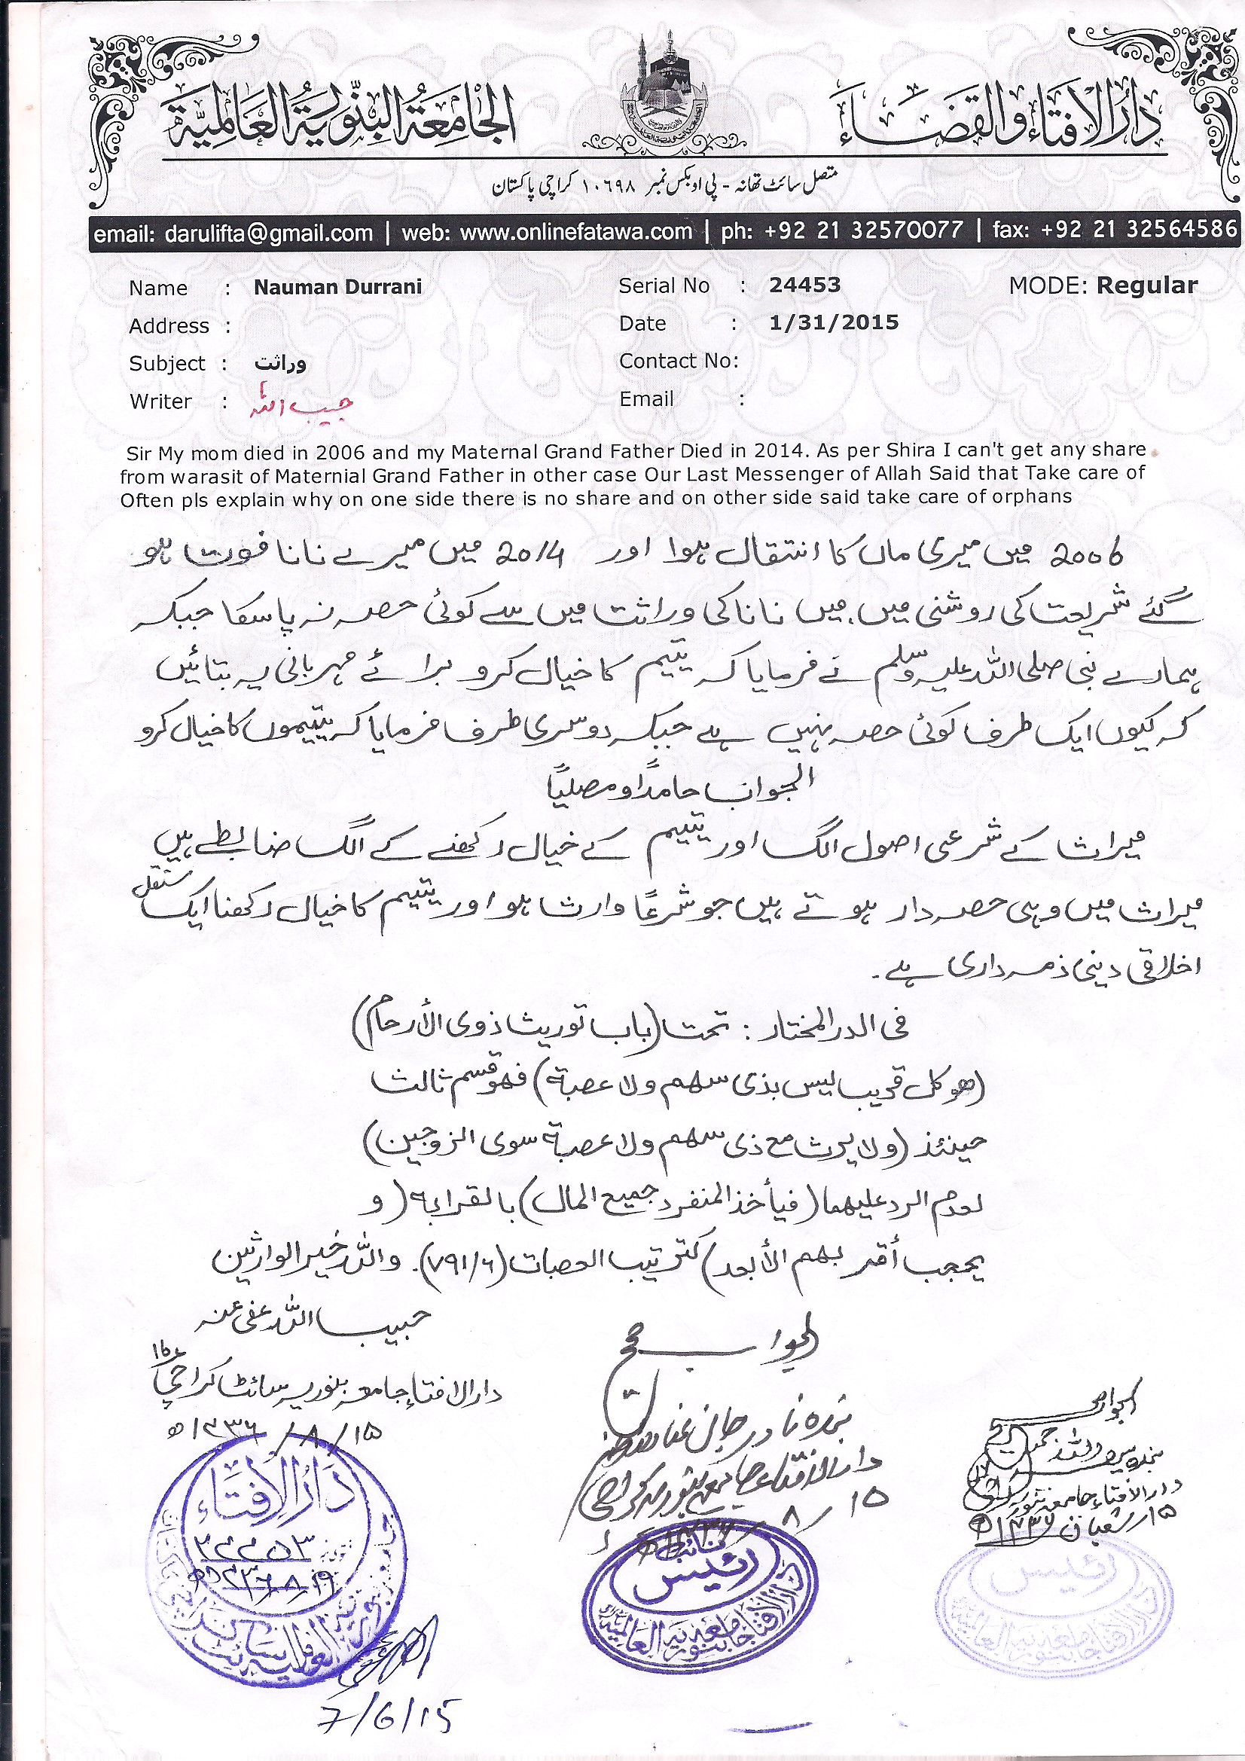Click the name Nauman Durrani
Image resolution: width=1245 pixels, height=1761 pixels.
coord(337,287)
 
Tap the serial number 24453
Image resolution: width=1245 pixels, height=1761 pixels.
coord(804,285)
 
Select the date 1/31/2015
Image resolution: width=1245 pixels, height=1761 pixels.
coord(833,322)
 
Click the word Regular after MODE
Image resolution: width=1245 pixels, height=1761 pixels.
coord(1146,285)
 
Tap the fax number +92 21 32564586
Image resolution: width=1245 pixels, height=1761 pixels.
coord(1138,229)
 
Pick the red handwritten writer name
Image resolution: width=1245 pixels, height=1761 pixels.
coord(300,405)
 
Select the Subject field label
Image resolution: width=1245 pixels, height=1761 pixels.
coord(167,363)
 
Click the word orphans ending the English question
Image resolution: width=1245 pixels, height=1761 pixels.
coord(1033,496)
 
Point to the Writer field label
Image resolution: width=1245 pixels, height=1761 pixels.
coord(160,401)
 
